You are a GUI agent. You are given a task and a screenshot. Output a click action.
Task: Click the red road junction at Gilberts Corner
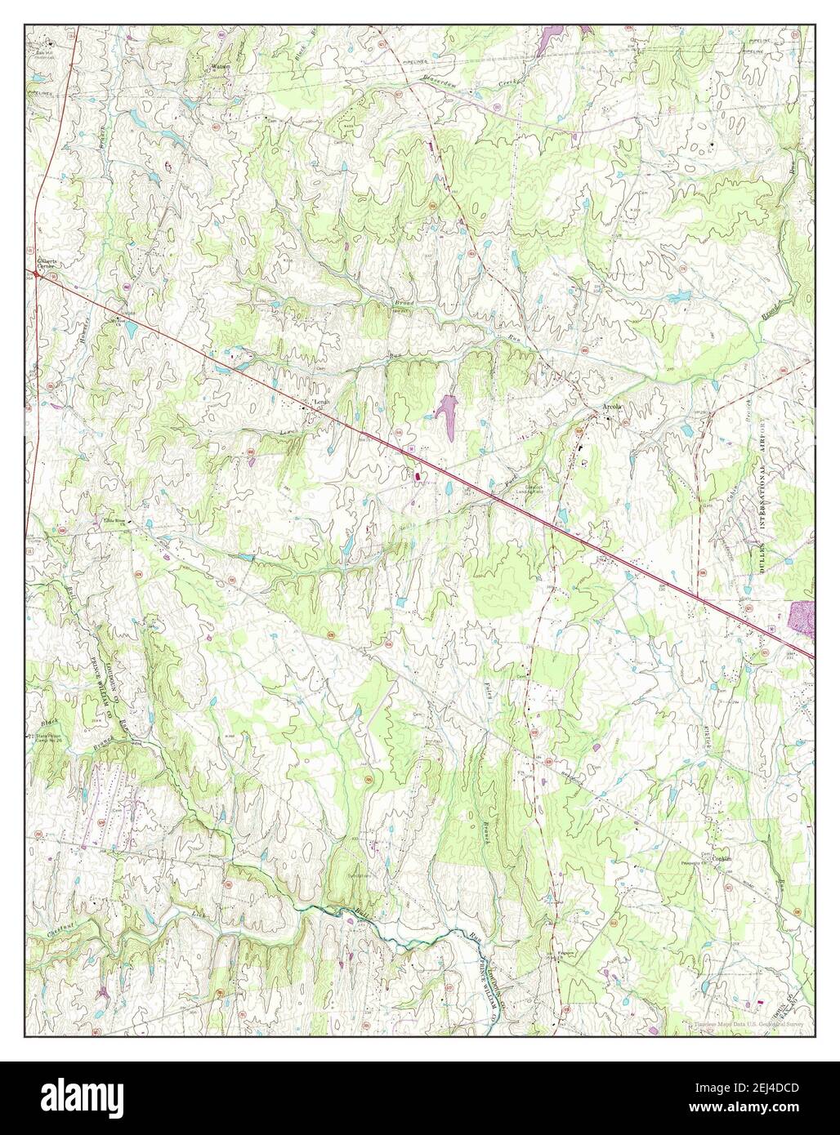(38, 276)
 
